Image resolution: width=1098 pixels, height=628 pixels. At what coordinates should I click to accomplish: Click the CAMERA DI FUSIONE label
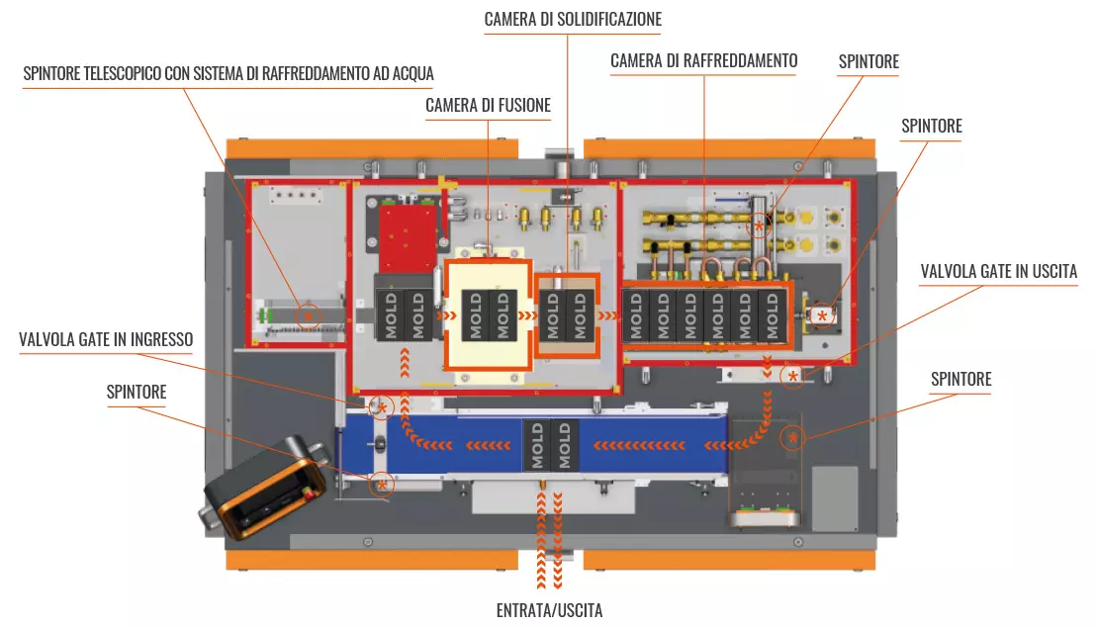coord(488,105)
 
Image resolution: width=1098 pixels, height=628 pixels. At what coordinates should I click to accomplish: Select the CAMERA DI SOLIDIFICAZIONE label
coord(573,19)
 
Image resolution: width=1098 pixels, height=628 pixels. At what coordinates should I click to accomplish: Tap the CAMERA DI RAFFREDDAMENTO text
coord(703,61)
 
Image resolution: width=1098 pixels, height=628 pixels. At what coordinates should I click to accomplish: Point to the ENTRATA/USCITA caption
coord(549,610)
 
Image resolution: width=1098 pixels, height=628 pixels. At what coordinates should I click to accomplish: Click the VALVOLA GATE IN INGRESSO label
coord(106,340)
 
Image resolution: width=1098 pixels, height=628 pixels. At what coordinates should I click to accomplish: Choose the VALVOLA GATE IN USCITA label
coord(998,271)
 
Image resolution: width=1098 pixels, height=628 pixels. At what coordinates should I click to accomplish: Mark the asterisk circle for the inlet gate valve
coord(381,406)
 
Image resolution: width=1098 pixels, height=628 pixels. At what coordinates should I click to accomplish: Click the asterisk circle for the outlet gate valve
coord(791,377)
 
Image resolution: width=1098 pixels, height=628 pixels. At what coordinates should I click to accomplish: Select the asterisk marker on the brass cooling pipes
coord(760,225)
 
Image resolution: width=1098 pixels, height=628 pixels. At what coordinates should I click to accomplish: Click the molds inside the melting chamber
coord(490,314)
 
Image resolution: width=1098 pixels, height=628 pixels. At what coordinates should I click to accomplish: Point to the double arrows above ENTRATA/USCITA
coord(550,539)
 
